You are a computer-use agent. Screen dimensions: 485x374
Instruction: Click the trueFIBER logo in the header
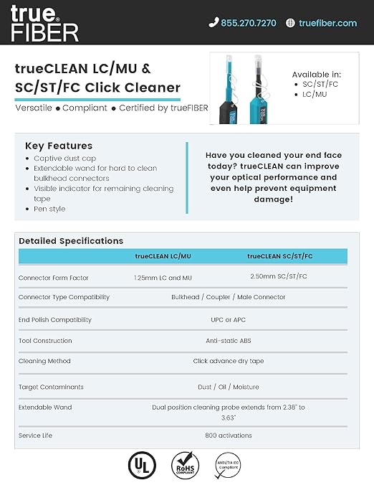click(x=44, y=22)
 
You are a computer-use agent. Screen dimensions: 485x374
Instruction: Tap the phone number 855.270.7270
click(x=248, y=23)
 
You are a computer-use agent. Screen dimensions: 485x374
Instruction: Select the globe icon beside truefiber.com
click(x=290, y=23)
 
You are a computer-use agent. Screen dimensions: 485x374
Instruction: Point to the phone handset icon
click(x=213, y=23)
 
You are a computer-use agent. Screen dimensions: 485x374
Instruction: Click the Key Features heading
click(x=59, y=145)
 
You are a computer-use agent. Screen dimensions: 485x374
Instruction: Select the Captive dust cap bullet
click(x=64, y=158)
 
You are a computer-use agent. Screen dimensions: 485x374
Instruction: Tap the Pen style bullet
click(x=49, y=209)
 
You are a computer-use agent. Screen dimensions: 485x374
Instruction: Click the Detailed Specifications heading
click(x=71, y=241)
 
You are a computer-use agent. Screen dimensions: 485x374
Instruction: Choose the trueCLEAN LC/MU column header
click(x=163, y=256)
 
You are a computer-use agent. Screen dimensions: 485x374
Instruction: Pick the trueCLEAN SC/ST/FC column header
click(x=279, y=256)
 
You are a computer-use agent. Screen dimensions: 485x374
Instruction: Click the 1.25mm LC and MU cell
click(x=163, y=277)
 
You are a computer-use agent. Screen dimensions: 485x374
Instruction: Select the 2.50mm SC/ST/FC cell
click(x=279, y=276)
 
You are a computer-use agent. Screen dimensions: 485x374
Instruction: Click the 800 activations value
click(x=229, y=435)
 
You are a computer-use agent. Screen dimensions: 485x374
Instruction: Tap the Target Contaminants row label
click(x=51, y=387)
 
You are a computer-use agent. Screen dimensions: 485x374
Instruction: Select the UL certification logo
click(x=141, y=465)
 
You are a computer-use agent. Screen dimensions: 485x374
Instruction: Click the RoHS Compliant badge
click(x=186, y=465)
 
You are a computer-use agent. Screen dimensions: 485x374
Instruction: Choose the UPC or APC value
click(x=229, y=319)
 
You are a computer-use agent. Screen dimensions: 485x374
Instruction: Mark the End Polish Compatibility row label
click(x=55, y=319)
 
